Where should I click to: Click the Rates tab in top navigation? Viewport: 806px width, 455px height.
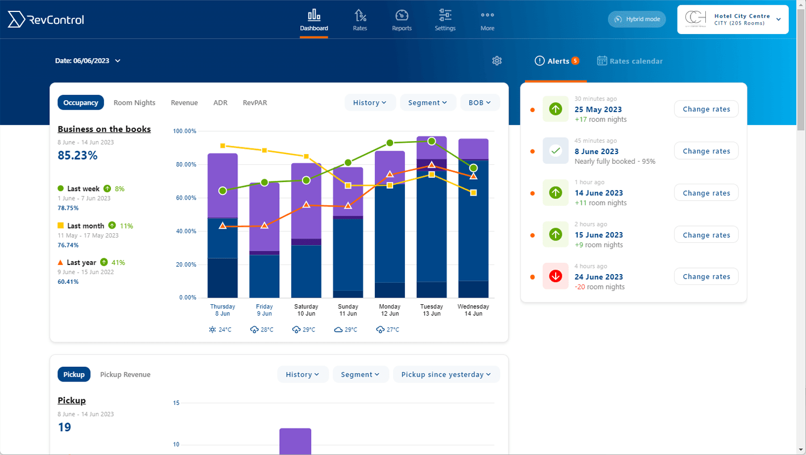click(x=360, y=20)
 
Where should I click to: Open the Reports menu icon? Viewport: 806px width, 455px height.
click(x=402, y=15)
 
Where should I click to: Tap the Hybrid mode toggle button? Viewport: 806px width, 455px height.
click(x=636, y=19)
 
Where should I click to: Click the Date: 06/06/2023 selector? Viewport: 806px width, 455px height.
click(x=88, y=61)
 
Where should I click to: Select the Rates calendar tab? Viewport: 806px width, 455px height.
click(x=630, y=61)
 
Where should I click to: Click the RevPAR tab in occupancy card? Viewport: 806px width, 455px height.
click(x=255, y=103)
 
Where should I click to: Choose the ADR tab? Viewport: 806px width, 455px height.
click(x=220, y=103)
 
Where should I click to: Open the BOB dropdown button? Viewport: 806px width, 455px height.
click(x=480, y=103)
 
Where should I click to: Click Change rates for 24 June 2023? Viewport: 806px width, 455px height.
click(x=706, y=276)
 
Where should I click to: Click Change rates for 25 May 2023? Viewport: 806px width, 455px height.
click(x=706, y=109)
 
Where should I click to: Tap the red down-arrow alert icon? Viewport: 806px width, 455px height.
click(x=556, y=276)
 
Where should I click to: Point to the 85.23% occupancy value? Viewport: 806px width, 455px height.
click(x=77, y=155)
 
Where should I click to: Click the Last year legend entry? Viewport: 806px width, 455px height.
click(x=81, y=263)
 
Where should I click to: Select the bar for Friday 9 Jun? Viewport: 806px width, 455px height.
click(x=264, y=239)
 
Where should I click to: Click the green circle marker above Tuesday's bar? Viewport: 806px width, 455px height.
click(x=432, y=141)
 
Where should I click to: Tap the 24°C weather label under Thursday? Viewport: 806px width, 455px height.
click(x=220, y=330)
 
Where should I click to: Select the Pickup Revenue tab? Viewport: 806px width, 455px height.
click(x=125, y=375)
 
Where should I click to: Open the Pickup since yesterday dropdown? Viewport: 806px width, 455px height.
click(x=446, y=375)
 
